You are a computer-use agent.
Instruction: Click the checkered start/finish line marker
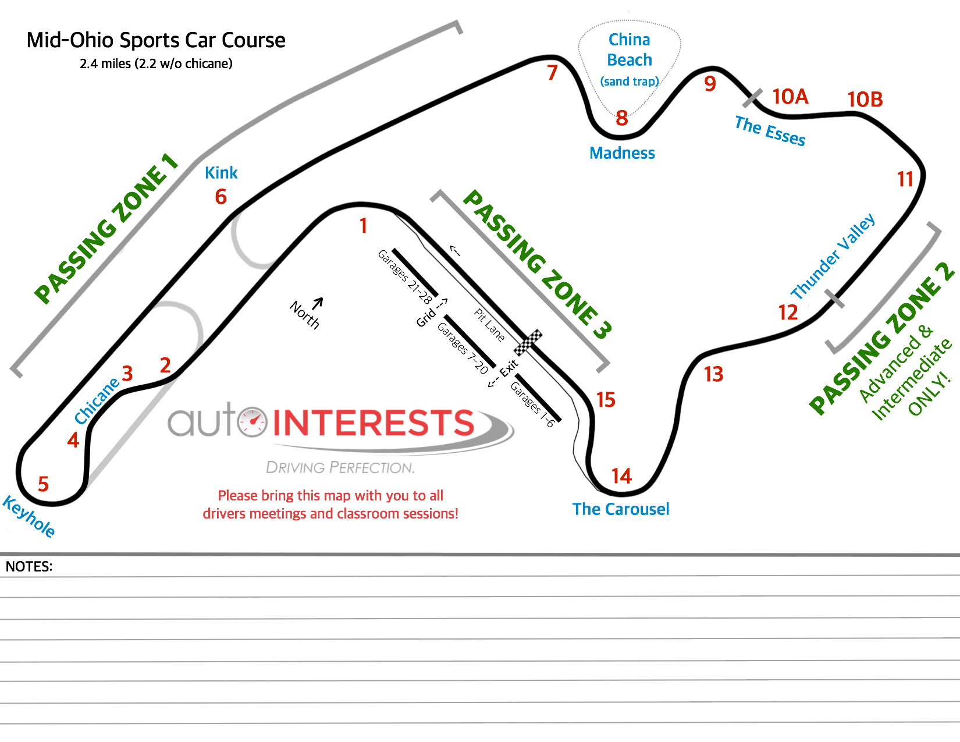528,343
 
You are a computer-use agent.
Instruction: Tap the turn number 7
552,73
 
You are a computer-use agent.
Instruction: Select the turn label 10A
790,97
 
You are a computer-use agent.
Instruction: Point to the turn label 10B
865,100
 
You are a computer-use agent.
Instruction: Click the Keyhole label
29,516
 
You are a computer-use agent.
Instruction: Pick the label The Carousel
621,509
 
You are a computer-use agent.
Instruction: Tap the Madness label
622,153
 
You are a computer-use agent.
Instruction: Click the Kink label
221,173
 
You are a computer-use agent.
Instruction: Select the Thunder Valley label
833,256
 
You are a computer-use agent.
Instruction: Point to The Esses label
770,131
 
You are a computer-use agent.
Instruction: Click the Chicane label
96,400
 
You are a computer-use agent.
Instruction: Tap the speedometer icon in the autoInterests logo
253,422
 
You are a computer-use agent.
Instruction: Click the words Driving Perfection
340,467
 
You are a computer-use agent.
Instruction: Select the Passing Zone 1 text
105,229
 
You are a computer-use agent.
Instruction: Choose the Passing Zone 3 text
536,264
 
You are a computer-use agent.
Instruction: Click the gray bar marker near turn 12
835,298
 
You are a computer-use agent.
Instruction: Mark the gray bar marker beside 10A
752,98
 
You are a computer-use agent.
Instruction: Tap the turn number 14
621,477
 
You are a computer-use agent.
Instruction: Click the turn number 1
364,226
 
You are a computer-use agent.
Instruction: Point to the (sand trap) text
630,81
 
